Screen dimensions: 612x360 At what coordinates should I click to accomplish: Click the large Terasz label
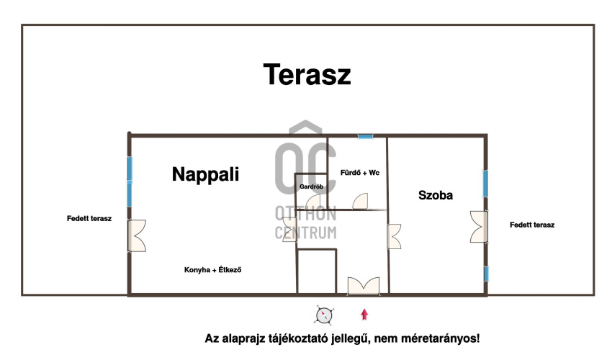(x=307, y=74)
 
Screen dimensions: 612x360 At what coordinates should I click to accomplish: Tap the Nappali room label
(x=205, y=174)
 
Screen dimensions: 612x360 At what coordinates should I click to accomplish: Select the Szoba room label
(x=436, y=195)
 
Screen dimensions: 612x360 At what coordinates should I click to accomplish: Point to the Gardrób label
(x=312, y=186)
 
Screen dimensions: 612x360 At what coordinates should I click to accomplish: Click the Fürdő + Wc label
(x=360, y=173)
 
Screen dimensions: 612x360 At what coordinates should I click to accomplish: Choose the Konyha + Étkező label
(x=212, y=270)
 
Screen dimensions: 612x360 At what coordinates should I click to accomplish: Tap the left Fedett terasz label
(x=89, y=219)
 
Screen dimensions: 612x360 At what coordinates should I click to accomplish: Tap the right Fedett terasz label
(x=532, y=225)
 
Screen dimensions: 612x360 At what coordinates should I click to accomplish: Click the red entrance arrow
(x=364, y=315)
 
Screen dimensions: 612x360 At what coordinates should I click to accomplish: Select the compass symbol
(x=324, y=315)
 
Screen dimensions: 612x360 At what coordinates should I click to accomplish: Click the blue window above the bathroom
(x=366, y=137)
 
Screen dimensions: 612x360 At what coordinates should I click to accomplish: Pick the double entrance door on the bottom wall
(x=364, y=285)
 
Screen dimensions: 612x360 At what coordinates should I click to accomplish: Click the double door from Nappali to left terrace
(x=137, y=235)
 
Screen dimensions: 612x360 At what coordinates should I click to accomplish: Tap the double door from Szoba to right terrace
(x=479, y=227)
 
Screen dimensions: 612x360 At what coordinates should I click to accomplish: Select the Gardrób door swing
(x=313, y=202)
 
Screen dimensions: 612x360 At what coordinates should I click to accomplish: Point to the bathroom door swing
(x=360, y=202)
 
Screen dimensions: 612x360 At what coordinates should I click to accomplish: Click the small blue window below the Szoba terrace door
(x=486, y=274)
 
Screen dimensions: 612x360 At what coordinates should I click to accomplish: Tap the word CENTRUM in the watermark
(x=305, y=233)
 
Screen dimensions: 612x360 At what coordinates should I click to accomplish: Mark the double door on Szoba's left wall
(x=395, y=236)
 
